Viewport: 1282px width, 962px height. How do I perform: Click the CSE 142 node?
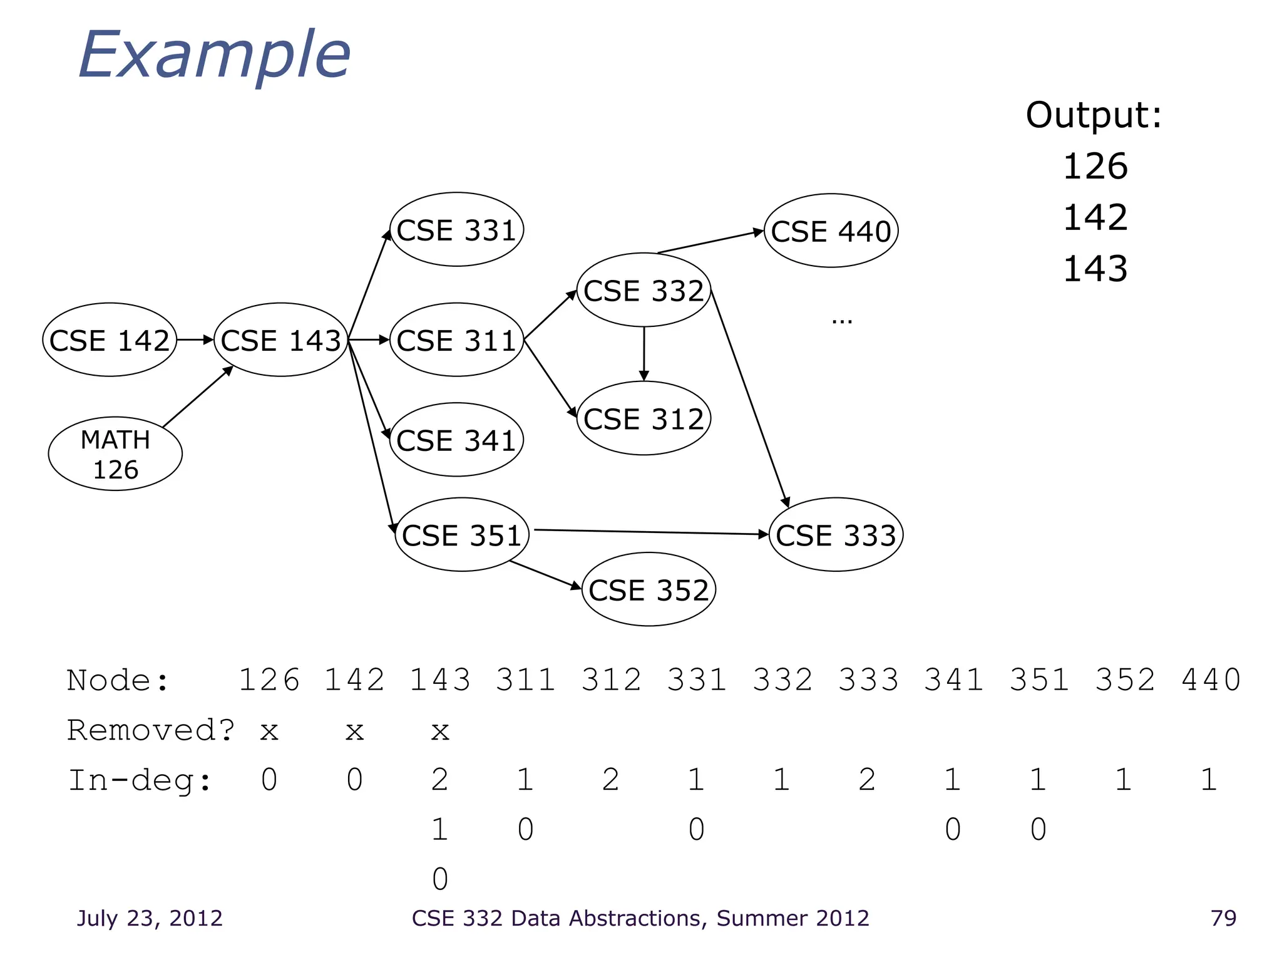point(110,340)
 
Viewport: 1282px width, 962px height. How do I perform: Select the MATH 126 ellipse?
point(115,454)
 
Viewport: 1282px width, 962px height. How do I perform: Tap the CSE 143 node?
point(281,340)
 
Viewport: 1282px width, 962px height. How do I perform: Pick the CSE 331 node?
point(456,230)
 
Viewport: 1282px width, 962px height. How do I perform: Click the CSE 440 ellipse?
point(831,231)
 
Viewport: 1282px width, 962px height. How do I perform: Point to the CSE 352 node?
point(649,590)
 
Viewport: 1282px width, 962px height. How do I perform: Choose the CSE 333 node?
point(836,535)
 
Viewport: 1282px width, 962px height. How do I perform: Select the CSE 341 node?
point(456,440)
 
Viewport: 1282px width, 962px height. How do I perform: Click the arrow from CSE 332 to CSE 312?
point(644,354)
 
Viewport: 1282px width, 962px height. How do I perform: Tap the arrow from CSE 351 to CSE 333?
point(651,532)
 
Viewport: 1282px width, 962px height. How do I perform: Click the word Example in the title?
point(214,56)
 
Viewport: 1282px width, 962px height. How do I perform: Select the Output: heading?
point(1094,115)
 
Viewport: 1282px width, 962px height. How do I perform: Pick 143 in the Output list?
point(1095,269)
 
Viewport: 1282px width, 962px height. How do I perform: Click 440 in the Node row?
point(1211,680)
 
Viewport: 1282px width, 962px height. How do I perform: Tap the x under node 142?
point(355,731)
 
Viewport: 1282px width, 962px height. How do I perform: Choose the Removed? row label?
point(151,730)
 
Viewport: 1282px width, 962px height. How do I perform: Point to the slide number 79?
point(1223,918)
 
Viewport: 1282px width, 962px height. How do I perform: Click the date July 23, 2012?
point(150,918)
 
